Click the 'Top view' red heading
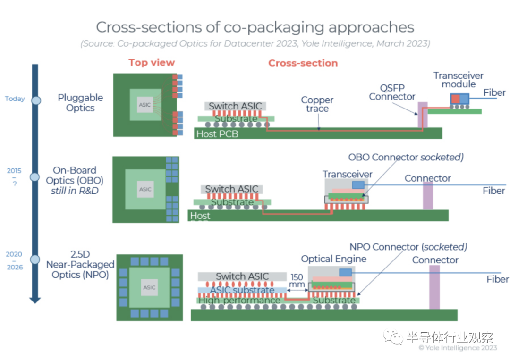152,63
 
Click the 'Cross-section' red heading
303,63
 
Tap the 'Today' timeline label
14,99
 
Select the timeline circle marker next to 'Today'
36,100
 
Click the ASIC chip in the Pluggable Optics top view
145,105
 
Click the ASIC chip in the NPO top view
150,287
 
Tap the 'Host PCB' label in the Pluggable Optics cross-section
217,134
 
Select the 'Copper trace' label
317,104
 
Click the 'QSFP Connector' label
392,92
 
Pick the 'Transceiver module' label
459,80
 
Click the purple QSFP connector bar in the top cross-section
423,115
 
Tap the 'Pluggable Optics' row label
80,103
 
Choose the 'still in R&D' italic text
75,191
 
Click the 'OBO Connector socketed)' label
406,157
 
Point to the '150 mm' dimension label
297,281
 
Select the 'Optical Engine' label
333,259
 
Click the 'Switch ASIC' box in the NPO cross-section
242,276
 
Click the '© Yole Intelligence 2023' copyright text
458,348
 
